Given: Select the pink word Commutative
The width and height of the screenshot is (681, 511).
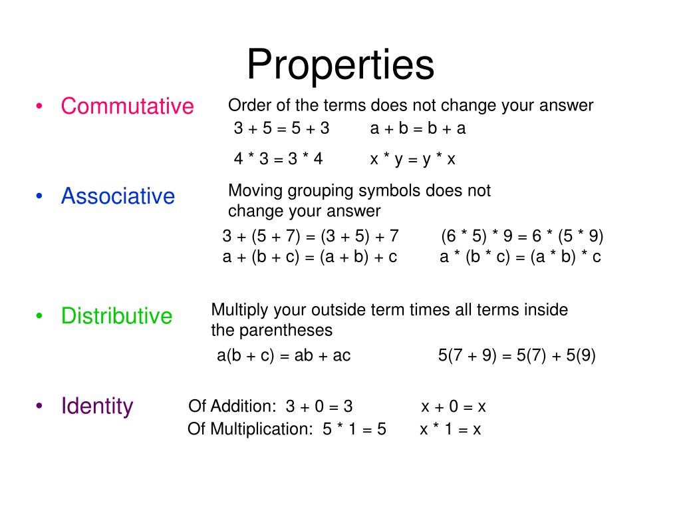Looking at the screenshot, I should (127, 106).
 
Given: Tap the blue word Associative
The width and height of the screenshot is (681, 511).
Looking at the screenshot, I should (118, 196).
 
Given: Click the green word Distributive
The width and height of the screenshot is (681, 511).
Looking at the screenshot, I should (116, 315).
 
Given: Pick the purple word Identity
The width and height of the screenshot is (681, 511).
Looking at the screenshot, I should (97, 405).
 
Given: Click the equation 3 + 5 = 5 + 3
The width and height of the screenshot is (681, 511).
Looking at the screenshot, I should (281, 128).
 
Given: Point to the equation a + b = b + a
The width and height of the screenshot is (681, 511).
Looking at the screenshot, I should (418, 128).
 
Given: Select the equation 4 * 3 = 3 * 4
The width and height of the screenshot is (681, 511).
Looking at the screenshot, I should (278, 159).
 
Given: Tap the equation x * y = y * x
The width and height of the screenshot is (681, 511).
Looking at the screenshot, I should (412, 159).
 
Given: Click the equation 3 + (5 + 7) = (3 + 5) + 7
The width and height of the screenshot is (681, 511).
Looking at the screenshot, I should (310, 236).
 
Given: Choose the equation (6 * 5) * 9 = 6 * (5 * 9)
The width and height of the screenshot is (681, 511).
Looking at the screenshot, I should (522, 236).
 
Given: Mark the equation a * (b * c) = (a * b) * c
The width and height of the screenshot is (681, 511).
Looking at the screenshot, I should (520, 257).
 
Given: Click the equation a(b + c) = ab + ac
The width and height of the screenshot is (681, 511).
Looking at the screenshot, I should (283, 355).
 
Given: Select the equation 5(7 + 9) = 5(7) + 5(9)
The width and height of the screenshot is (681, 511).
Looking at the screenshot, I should (517, 355).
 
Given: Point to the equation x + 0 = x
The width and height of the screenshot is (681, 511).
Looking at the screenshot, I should (454, 407).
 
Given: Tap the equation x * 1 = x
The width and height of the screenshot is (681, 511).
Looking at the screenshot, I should (450, 429).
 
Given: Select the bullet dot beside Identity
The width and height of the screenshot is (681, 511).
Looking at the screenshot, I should (41, 405).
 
